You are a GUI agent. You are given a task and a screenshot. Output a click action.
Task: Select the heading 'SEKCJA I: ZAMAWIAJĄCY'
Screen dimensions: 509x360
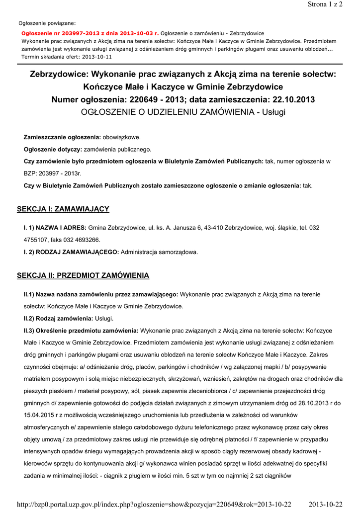pyautogui.click(x=63, y=209)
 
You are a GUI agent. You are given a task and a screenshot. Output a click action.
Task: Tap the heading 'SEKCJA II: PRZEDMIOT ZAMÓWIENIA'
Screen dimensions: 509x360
pyautogui.click(x=83, y=275)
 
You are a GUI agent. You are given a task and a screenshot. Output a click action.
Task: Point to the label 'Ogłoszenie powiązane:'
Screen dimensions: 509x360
pyautogui.click(x=47, y=23)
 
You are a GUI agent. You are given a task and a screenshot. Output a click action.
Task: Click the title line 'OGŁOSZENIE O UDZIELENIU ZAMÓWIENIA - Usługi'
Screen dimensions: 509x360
pyautogui.click(x=183, y=112)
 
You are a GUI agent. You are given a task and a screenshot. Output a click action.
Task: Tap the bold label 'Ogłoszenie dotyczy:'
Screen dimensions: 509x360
pyautogui.click(x=53, y=149)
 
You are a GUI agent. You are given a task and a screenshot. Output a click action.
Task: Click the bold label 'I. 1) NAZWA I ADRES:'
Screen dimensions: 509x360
pyautogui.click(x=55, y=228)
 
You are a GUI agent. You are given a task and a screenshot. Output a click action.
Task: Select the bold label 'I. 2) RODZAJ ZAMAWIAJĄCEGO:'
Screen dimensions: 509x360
pyautogui.click(x=71, y=252)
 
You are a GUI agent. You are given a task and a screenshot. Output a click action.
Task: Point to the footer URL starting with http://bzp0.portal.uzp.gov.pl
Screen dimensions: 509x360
pyautogui.click(x=154, y=505)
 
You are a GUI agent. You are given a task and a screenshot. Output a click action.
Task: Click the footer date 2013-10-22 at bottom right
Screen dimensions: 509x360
pyautogui.click(x=326, y=505)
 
